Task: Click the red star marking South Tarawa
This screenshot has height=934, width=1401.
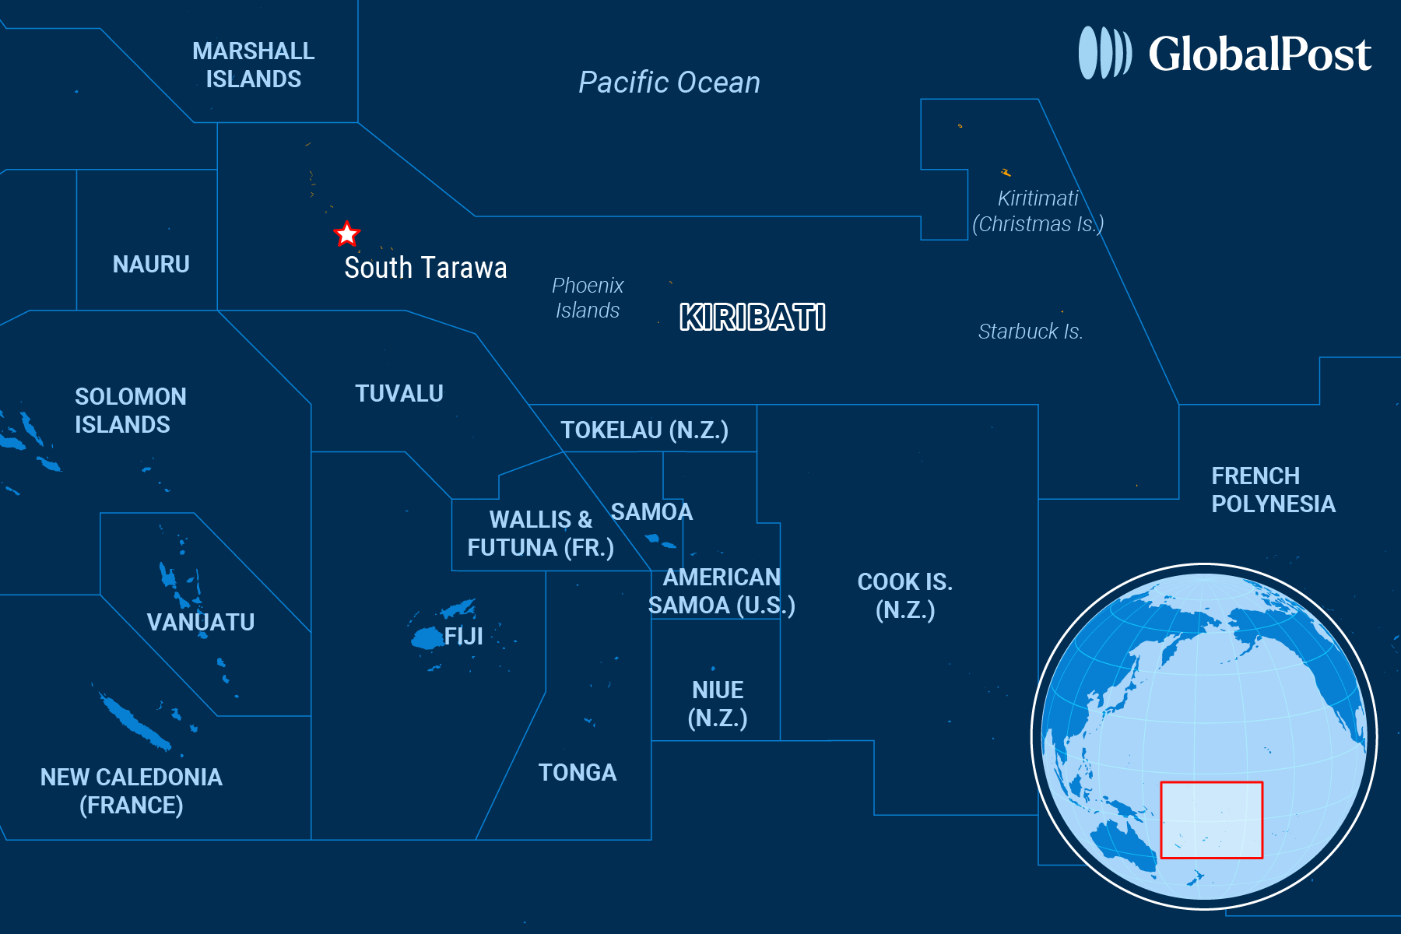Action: (346, 233)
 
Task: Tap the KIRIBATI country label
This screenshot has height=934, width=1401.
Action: (753, 318)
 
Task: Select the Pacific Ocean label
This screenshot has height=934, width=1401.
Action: (669, 83)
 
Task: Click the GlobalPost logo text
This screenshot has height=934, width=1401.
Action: (1259, 54)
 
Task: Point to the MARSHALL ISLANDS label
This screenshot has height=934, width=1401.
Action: (254, 65)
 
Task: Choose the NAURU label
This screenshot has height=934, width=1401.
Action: (151, 265)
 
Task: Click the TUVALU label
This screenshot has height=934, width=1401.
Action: (399, 394)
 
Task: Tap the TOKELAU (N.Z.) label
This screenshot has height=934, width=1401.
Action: (644, 430)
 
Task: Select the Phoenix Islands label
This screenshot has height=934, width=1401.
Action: (588, 298)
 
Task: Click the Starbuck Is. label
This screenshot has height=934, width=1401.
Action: (1031, 332)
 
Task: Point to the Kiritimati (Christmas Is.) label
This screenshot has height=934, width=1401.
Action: (1038, 212)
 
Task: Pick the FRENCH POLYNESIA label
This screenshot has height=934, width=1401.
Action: (1273, 490)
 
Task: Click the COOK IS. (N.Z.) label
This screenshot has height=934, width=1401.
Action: (905, 596)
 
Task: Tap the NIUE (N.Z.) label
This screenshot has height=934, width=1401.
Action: (718, 704)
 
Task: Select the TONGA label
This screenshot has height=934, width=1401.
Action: (578, 773)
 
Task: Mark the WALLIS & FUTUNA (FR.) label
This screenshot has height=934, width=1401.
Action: (541, 534)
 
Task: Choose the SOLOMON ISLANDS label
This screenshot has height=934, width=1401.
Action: (131, 411)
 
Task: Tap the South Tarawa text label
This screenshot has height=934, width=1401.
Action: (426, 268)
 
